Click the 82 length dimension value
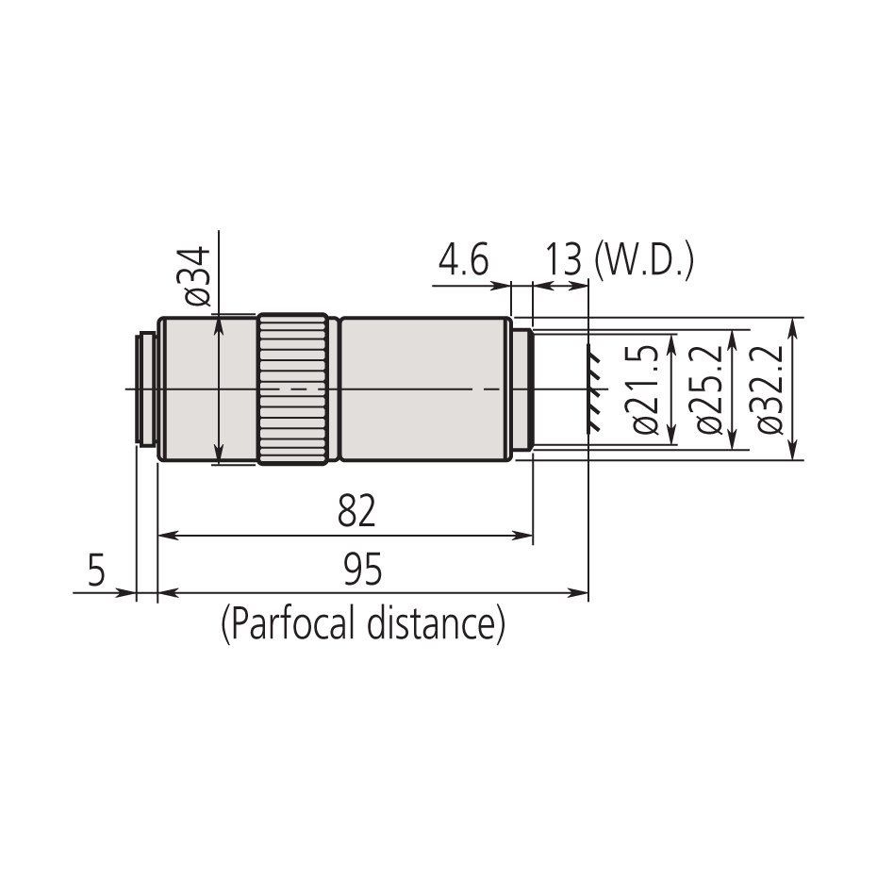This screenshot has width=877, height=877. (x=356, y=512)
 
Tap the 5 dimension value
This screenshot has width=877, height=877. (x=96, y=571)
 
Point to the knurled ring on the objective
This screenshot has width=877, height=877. (x=293, y=389)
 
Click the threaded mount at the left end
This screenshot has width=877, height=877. (x=146, y=389)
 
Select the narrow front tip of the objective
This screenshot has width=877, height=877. (x=523, y=389)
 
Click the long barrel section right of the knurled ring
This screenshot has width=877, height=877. (x=424, y=389)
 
